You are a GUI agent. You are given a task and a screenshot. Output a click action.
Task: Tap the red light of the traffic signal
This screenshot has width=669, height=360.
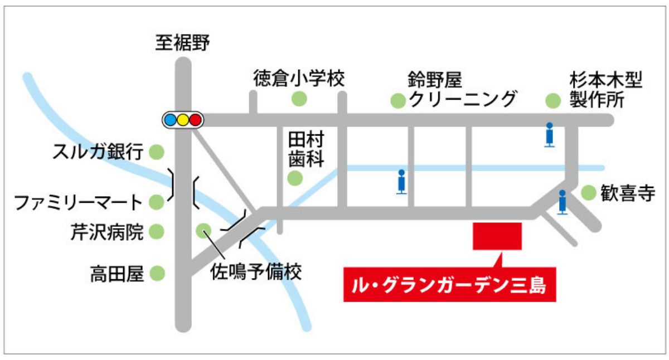(x=195, y=119)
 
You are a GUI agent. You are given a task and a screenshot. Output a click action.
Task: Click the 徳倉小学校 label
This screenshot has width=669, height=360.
(x=299, y=77)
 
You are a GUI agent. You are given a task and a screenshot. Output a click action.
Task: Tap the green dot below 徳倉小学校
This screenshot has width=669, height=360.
(x=299, y=99)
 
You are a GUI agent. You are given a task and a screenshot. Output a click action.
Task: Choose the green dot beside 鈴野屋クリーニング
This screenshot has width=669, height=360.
(x=398, y=100)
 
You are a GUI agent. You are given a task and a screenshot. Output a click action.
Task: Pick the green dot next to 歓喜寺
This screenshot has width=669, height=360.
(x=589, y=193)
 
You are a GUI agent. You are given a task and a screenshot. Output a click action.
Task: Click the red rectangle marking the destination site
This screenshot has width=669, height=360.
(x=497, y=236)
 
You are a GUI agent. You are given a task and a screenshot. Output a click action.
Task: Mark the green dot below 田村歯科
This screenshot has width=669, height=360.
(x=294, y=178)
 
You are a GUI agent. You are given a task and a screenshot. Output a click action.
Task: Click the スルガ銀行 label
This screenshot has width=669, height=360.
(x=97, y=151)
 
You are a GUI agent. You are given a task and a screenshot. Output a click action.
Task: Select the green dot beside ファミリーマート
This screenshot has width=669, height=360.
(x=157, y=201)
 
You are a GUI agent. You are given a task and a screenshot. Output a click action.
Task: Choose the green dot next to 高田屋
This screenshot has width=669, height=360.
(x=157, y=273)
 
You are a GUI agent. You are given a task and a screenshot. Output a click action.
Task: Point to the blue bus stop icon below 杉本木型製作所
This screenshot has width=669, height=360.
(x=550, y=134)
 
